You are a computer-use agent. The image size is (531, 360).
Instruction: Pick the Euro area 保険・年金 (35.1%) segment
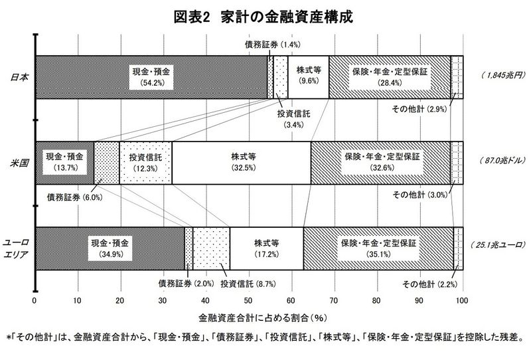(x=378, y=248)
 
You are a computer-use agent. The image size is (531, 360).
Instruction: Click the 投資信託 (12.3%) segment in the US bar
(x=145, y=163)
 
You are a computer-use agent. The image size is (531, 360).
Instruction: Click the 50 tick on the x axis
(x=248, y=299)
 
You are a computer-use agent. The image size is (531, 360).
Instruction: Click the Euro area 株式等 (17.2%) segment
(x=266, y=248)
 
